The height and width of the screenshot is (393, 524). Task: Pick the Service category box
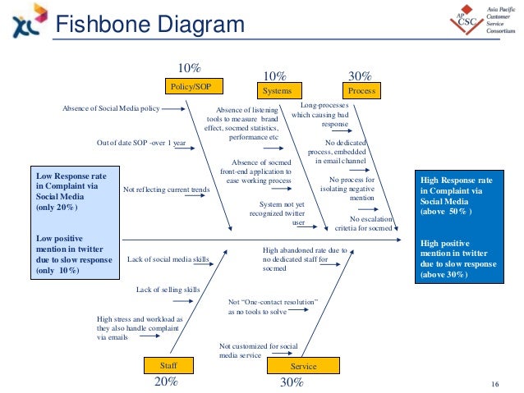pyautogui.click(x=304, y=366)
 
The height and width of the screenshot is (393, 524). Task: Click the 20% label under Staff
pyautogui.click(x=166, y=382)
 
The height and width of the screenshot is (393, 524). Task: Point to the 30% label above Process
pyautogui.click(x=361, y=73)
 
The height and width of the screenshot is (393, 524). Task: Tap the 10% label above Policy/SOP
pyautogui.click(x=190, y=67)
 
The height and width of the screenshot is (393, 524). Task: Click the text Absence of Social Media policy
pyautogui.click(x=111, y=107)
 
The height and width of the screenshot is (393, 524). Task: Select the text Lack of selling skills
pyautogui.click(x=168, y=290)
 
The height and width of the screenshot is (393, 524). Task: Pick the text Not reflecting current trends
pyautogui.click(x=166, y=190)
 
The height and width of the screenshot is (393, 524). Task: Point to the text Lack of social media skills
pyautogui.click(x=169, y=259)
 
